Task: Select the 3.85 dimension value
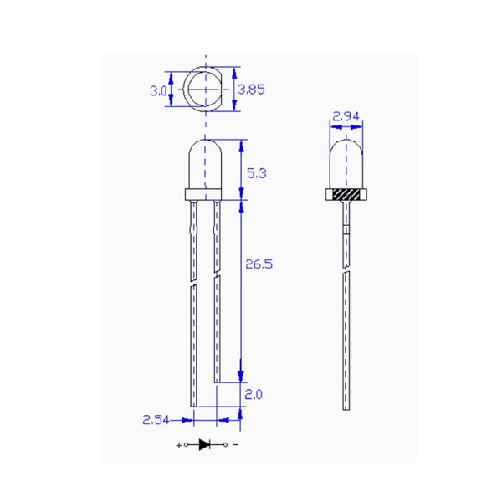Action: tap(251, 89)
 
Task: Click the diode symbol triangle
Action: tap(205, 444)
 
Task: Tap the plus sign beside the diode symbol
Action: tap(177, 444)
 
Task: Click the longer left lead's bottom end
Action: tap(193, 407)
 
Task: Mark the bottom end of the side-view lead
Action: tap(346, 407)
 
